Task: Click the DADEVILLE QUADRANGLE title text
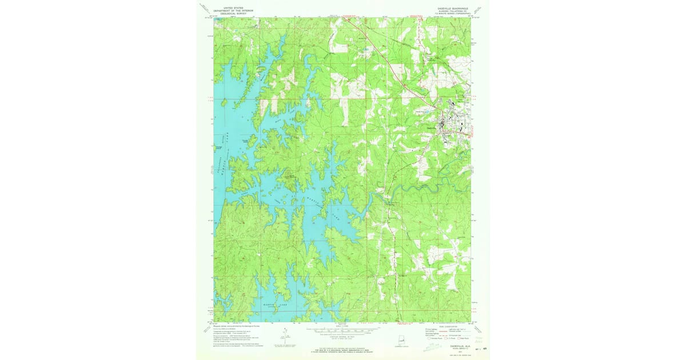pos(451,9)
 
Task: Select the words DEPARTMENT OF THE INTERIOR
pos(233,10)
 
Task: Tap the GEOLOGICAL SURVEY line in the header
pos(233,13)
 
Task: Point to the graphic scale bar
pos(342,330)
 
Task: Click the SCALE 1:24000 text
pos(342,326)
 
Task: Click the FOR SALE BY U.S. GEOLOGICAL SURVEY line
pos(342,347)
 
